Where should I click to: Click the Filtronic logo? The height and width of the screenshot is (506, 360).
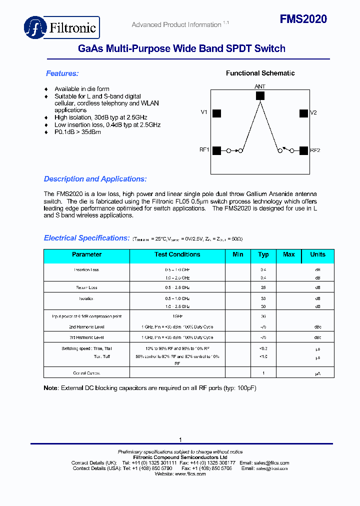pyautogui.click(x=62, y=27)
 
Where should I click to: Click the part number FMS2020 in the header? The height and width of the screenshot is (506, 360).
pyautogui.click(x=303, y=19)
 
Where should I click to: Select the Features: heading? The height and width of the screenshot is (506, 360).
pyautogui.click(x=62, y=73)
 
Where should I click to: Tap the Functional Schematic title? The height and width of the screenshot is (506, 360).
pyautogui.click(x=260, y=73)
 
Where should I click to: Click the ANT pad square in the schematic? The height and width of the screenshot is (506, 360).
pyautogui.click(x=260, y=95)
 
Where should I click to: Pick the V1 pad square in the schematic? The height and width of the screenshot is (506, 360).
pyautogui.click(x=216, y=113)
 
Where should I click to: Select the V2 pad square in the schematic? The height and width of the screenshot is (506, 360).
pyautogui.click(x=303, y=113)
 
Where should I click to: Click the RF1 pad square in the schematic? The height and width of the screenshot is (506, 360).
pyautogui.click(x=216, y=150)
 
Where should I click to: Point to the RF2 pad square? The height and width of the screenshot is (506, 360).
pyautogui.click(x=303, y=150)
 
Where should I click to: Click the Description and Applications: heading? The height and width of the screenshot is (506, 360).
pyautogui.click(x=95, y=179)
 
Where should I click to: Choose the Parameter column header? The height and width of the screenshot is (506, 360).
pyautogui.click(x=86, y=254)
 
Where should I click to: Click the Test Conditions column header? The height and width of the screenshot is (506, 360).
pyautogui.click(x=177, y=254)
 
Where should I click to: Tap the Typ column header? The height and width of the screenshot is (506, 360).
pyautogui.click(x=263, y=254)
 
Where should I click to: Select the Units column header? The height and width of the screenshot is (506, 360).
pyautogui.click(x=317, y=254)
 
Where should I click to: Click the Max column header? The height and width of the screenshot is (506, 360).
pyautogui.click(x=289, y=254)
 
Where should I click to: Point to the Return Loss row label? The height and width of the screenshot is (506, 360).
pyautogui.click(x=86, y=287)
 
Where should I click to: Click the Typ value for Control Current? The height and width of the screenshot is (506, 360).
pyautogui.click(x=263, y=373)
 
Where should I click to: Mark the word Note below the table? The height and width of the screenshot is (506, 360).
pyautogui.click(x=51, y=388)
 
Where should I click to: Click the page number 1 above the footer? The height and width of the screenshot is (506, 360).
pyautogui.click(x=180, y=439)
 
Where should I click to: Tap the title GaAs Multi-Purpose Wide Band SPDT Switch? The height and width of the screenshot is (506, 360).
pyautogui.click(x=181, y=48)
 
